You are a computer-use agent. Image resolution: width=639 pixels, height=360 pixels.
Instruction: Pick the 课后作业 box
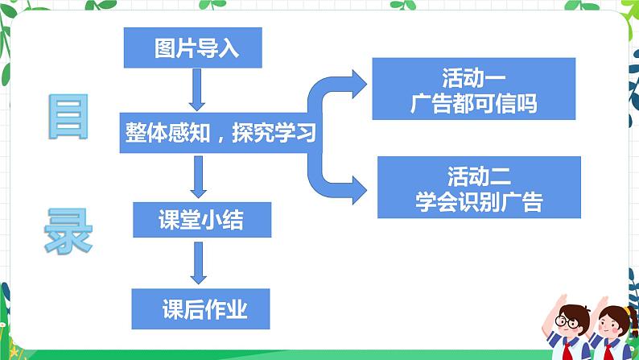[x=200, y=308]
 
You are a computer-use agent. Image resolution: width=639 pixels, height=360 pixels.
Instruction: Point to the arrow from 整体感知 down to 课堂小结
[x=196, y=176]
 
